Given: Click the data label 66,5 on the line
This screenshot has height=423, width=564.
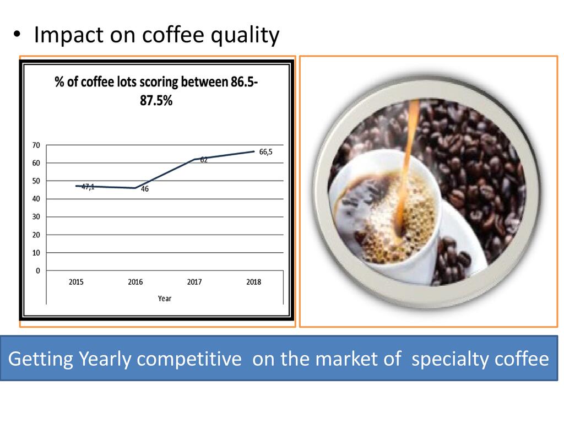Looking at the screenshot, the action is pyautogui.click(x=266, y=152).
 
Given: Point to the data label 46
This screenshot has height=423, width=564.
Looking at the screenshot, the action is pyautogui.click(x=145, y=189).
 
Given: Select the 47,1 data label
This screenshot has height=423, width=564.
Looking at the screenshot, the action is pyautogui.click(x=88, y=186).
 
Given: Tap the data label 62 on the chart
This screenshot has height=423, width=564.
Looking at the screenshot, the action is pyautogui.click(x=204, y=160).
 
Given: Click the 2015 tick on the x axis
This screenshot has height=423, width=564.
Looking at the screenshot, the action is pyautogui.click(x=76, y=282).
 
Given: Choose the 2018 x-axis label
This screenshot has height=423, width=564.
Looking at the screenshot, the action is pyautogui.click(x=253, y=282).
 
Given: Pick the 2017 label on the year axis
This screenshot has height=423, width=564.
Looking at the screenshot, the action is pyautogui.click(x=194, y=282).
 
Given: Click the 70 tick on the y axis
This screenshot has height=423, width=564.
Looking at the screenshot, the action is pyautogui.click(x=36, y=145).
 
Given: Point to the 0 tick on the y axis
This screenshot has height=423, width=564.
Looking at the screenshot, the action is pyautogui.click(x=38, y=271).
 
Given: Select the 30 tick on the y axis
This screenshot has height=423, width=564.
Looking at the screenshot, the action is pyautogui.click(x=36, y=217).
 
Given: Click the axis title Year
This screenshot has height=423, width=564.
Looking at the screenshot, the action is pyautogui.click(x=164, y=299).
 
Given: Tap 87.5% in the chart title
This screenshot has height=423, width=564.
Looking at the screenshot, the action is pyautogui.click(x=156, y=100).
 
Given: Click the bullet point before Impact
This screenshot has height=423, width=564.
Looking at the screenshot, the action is pyautogui.click(x=17, y=35).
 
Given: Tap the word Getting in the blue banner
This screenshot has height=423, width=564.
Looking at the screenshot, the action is pyautogui.click(x=40, y=359).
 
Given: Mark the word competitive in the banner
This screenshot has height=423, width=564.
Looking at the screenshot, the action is pyautogui.click(x=189, y=359).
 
